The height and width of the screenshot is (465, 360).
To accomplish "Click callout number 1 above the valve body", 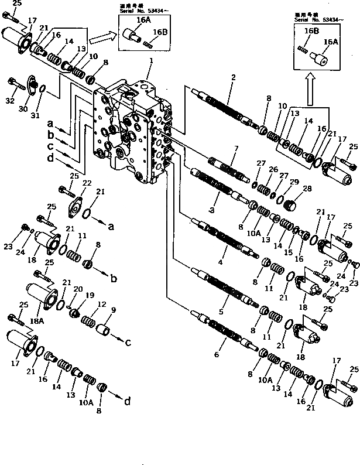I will pos(151,60).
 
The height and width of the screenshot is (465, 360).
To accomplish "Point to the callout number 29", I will pos(294,182).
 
